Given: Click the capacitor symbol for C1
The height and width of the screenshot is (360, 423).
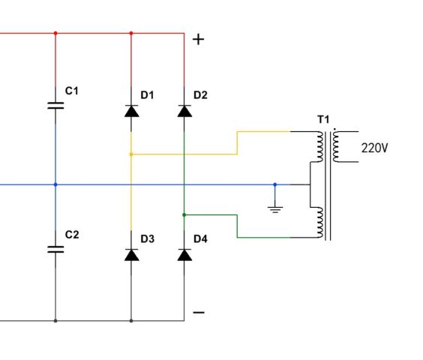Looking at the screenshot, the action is pyautogui.click(x=55, y=106).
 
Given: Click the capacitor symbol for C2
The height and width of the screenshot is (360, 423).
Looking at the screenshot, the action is pyautogui.click(x=55, y=249).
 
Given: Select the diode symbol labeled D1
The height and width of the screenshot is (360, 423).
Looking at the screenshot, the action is pyautogui.click(x=131, y=111).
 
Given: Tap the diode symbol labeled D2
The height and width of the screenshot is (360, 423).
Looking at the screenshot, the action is pyautogui.click(x=184, y=111).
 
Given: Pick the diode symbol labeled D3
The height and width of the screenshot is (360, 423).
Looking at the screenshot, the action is pyautogui.click(x=131, y=255).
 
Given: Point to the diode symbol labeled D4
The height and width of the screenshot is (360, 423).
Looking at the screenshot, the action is pyautogui.click(x=184, y=255).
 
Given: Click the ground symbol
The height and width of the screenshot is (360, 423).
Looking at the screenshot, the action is pyautogui.click(x=275, y=209).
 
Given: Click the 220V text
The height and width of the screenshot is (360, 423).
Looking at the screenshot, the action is pyautogui.click(x=374, y=148).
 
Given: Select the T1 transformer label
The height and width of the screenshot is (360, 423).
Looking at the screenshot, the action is pyautogui.click(x=323, y=119).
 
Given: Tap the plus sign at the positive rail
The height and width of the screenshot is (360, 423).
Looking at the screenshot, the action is pyautogui.click(x=199, y=40).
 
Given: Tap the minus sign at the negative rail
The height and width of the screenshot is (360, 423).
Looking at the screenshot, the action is pyautogui.click(x=199, y=313).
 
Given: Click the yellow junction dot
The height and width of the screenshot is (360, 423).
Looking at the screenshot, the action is pyautogui.click(x=131, y=154).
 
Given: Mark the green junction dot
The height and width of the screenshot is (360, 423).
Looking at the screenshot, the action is pyautogui.click(x=184, y=214).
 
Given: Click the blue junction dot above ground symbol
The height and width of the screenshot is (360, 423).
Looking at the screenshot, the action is pyautogui.click(x=275, y=184).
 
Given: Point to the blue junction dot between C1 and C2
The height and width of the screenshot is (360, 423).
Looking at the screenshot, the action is pyautogui.click(x=55, y=184).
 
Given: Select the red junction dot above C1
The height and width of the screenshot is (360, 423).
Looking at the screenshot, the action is pyautogui.click(x=55, y=33).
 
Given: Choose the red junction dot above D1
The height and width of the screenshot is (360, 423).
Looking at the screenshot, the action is pyautogui.click(x=131, y=33).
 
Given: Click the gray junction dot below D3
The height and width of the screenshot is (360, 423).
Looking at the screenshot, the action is pyautogui.click(x=131, y=321).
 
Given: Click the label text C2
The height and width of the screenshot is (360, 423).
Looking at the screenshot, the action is pyautogui.click(x=72, y=235).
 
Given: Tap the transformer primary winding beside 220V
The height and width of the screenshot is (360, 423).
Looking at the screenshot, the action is pyautogui.click(x=335, y=147).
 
